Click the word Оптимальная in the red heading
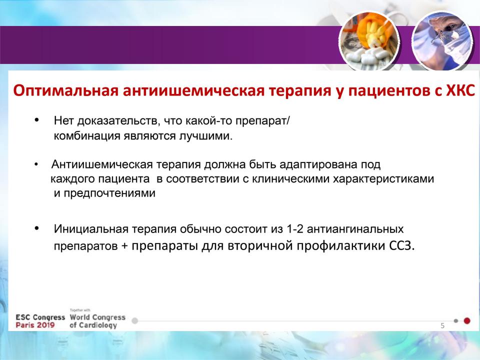coord(66,91)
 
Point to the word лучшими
coord(205,136)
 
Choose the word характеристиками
coord(383,179)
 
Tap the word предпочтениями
coord(109,193)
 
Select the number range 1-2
coord(295,229)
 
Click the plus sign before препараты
coord(124,246)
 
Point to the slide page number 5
coord(442,325)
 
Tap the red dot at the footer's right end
coord(467,321)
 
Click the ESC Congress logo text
coord(40,317)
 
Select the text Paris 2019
coord(35,325)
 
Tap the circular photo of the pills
coord(369,41)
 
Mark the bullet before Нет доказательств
coord(36,120)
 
